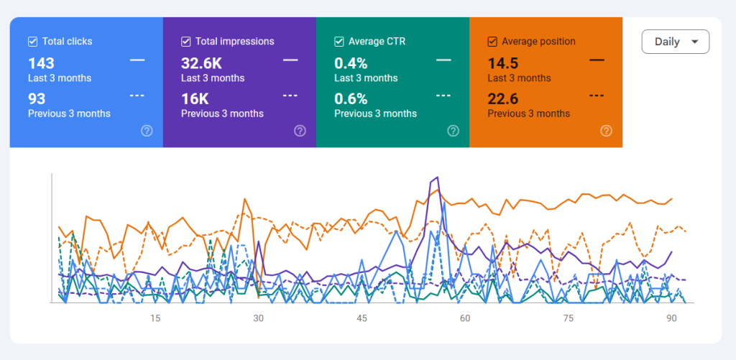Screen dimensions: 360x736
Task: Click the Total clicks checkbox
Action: coord(32,42)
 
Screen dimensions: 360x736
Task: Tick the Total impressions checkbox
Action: coord(185,42)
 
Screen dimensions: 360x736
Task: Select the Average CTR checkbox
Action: coord(339,42)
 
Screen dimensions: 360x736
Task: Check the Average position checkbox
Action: coord(492,42)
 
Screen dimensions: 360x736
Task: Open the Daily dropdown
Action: coord(675,42)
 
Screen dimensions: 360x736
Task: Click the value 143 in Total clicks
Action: coord(42,63)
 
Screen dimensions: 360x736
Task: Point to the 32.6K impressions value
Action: coord(201,63)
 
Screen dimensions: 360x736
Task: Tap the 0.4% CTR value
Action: coord(351,63)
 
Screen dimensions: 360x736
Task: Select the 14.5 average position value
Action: coord(504,63)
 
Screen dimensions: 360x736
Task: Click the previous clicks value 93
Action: coord(37,98)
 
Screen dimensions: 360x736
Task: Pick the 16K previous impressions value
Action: coord(195,98)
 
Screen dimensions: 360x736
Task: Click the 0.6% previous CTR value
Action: coord(351,98)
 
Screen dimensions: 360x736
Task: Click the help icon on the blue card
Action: coord(147,131)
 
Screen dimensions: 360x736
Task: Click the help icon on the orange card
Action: coord(607,131)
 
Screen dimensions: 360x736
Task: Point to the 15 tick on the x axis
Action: coord(155,318)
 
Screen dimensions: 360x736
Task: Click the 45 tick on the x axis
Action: coord(362,318)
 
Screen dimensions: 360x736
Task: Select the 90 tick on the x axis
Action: coord(671,318)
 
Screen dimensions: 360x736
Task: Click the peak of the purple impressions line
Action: coord(437,177)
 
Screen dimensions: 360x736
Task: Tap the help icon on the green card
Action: coord(454,131)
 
